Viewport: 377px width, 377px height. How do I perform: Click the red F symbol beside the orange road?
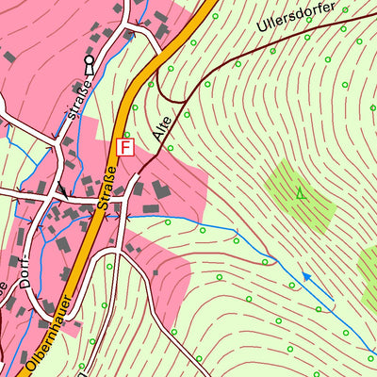click(124, 147)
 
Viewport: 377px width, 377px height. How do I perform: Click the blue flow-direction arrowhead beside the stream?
click(304, 277)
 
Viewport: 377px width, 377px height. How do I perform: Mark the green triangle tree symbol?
click(301, 193)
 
